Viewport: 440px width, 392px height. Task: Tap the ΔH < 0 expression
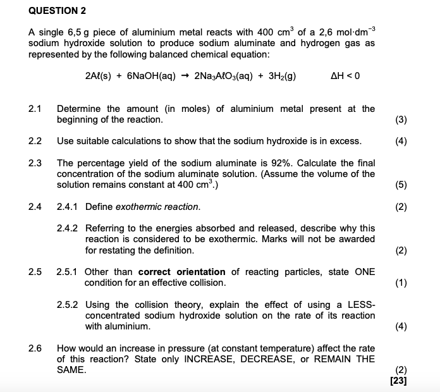pos(345,77)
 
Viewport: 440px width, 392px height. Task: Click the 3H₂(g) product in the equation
pos(281,77)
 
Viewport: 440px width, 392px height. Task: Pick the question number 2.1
pos(35,109)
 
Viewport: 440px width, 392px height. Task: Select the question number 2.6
pos(35,348)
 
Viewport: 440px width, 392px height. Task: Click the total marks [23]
pos(399,381)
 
